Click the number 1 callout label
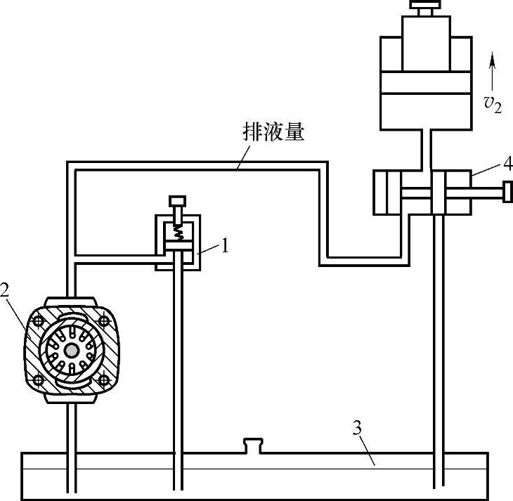[224, 246]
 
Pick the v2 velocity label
[493, 104]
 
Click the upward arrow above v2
[492, 70]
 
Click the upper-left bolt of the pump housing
[37, 320]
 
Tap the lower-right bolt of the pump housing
[104, 379]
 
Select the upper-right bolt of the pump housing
[104, 320]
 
